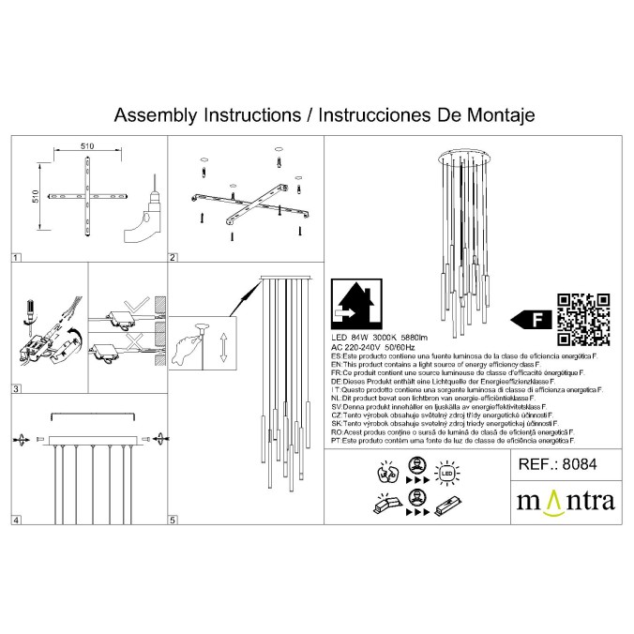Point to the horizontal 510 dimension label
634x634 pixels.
87,147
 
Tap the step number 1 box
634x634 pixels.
16,256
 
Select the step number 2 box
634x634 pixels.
173,256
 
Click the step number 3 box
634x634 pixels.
16,388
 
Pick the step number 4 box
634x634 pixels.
16,520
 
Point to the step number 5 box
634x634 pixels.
173,520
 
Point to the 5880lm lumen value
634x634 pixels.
431,335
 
